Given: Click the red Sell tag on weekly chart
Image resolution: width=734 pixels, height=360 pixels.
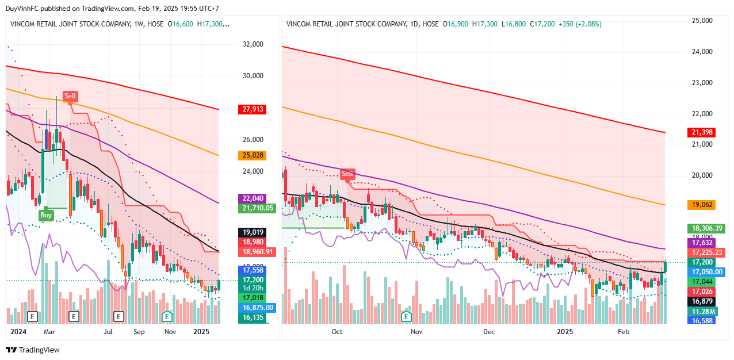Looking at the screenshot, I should [70, 96].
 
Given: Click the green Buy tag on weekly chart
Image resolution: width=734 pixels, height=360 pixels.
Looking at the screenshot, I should [46, 216].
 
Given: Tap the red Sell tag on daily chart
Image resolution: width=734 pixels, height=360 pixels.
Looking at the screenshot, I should [347, 174].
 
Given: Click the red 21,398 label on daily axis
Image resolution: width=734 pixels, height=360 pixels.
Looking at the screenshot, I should [702, 133].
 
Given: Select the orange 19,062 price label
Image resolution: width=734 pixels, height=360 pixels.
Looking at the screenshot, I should [702, 205].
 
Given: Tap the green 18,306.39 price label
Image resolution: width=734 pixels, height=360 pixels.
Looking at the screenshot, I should [708, 228].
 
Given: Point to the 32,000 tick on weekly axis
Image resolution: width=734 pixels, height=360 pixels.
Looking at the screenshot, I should [253, 44].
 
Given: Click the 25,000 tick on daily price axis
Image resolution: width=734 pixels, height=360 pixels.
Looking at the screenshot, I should [702, 21].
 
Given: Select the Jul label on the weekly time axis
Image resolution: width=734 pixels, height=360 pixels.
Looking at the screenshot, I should [108, 332].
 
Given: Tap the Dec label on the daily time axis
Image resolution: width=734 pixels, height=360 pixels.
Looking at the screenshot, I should [490, 332].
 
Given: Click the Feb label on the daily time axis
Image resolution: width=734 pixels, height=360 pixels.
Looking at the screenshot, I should [623, 332].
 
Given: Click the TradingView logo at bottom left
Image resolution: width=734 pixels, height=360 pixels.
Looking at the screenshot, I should [33, 350].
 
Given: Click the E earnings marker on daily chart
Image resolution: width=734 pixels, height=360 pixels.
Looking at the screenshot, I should [407, 316].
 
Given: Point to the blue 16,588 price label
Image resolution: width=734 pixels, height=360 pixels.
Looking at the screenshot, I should [702, 320].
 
